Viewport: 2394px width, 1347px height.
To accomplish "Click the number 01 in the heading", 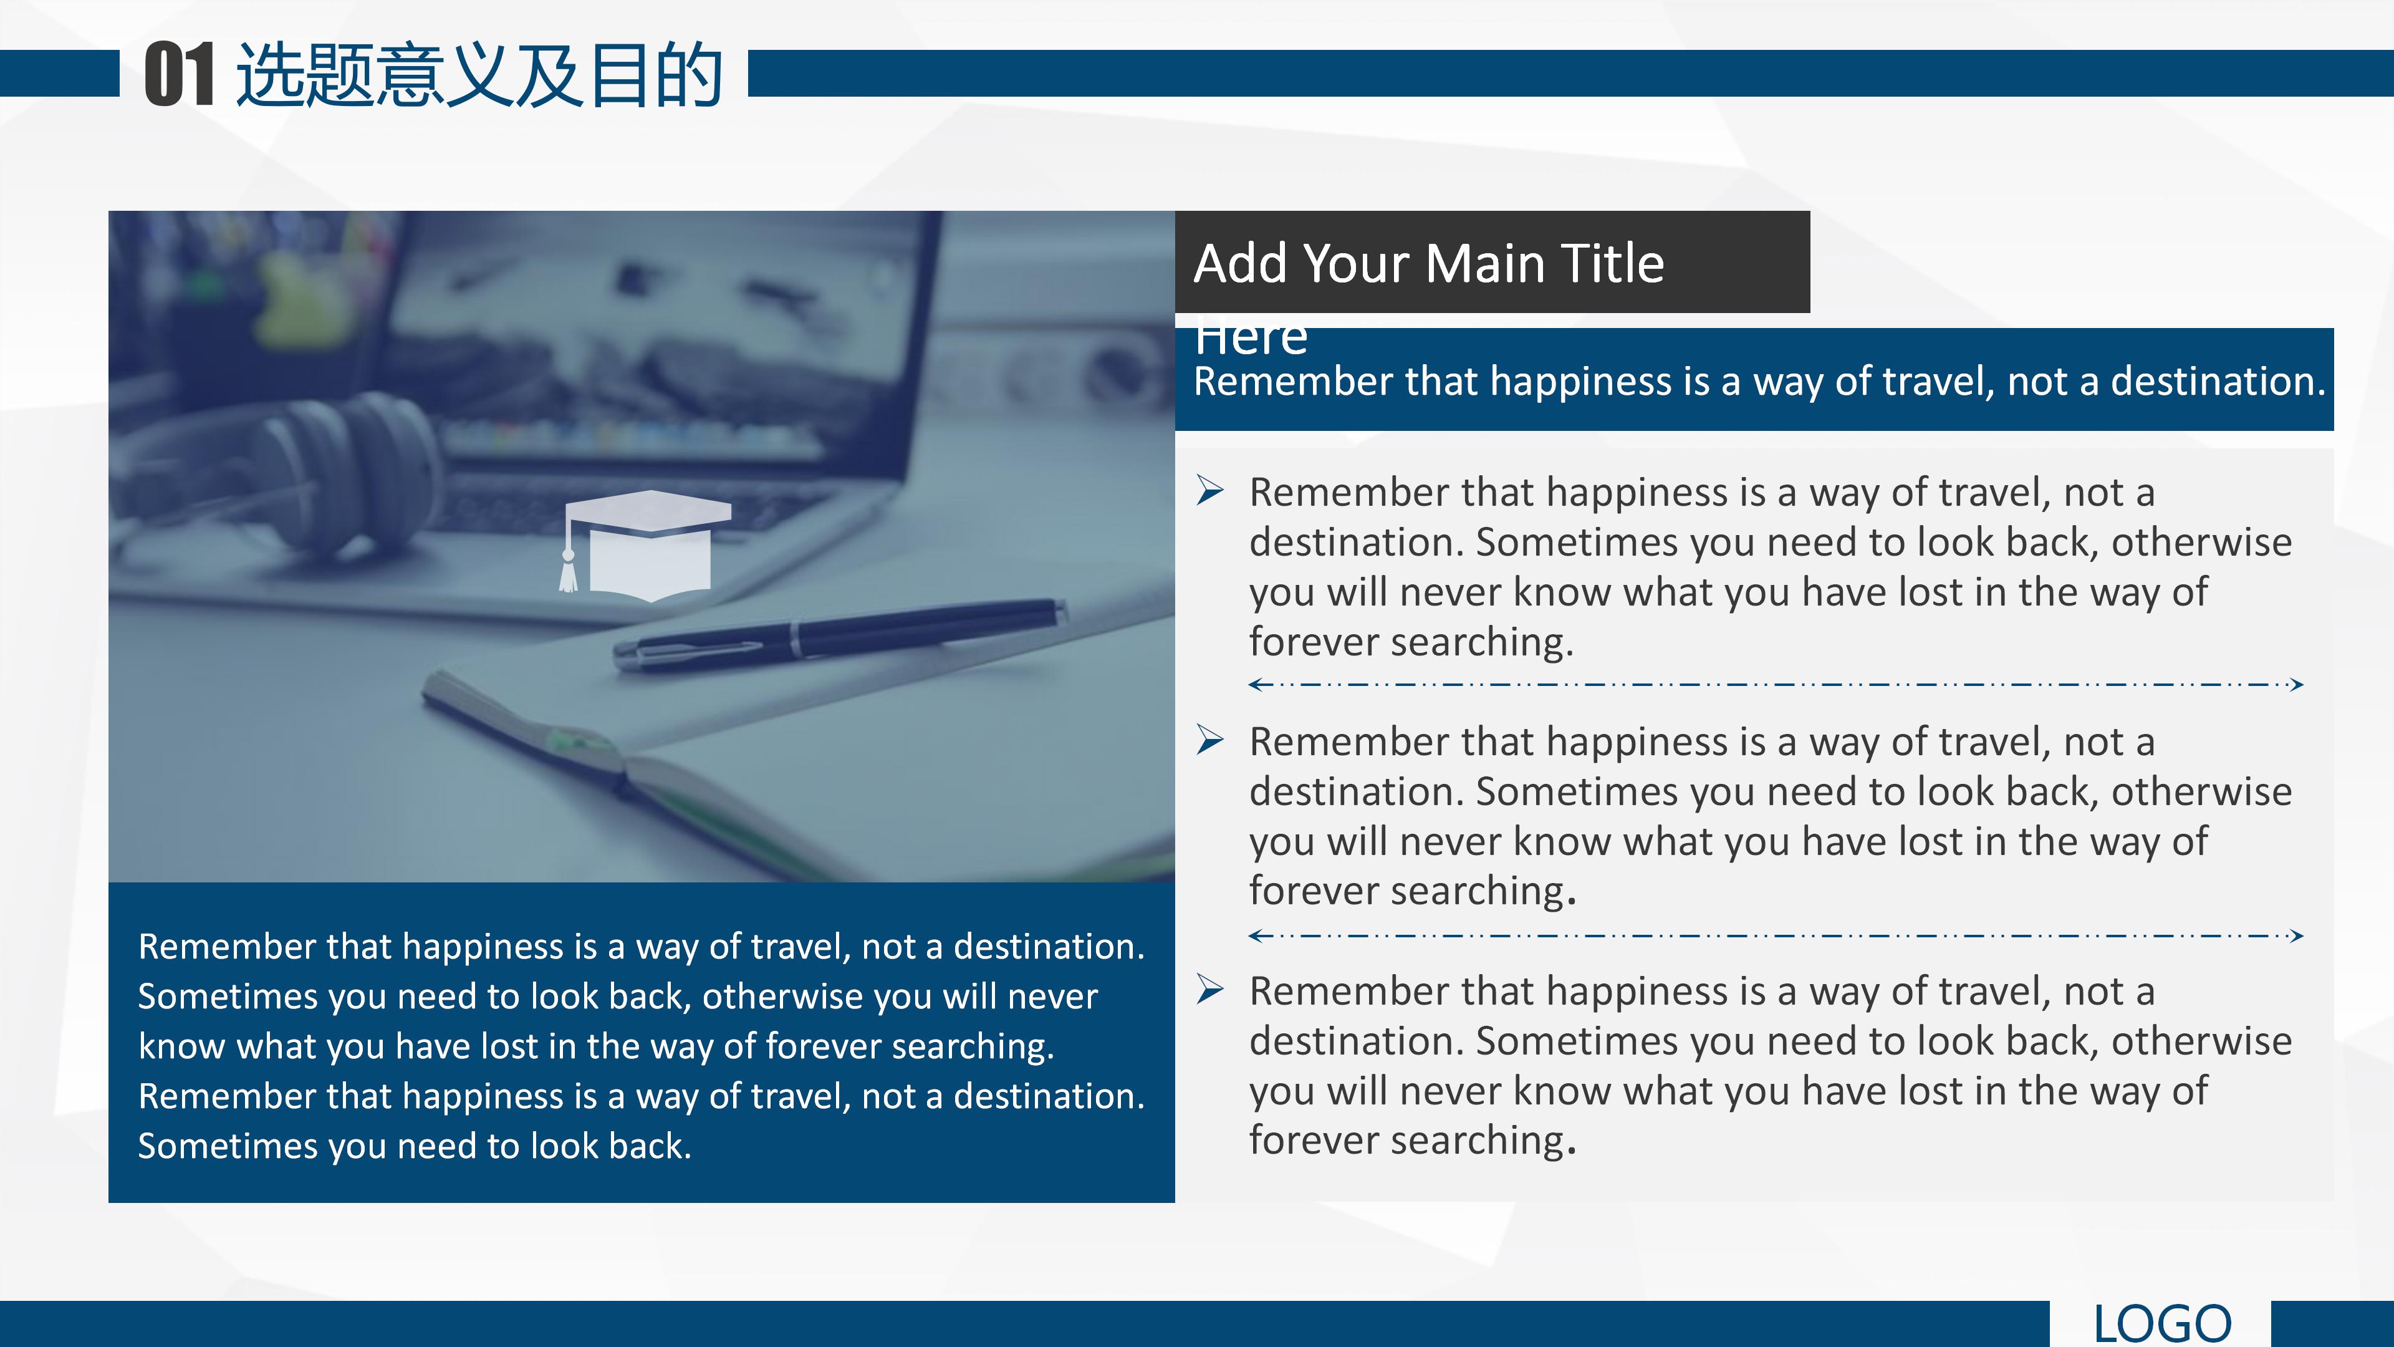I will click(x=180, y=74).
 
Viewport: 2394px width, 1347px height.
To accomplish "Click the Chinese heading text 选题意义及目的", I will click(x=479, y=74).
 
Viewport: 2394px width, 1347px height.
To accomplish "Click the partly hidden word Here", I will click(x=1251, y=339).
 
